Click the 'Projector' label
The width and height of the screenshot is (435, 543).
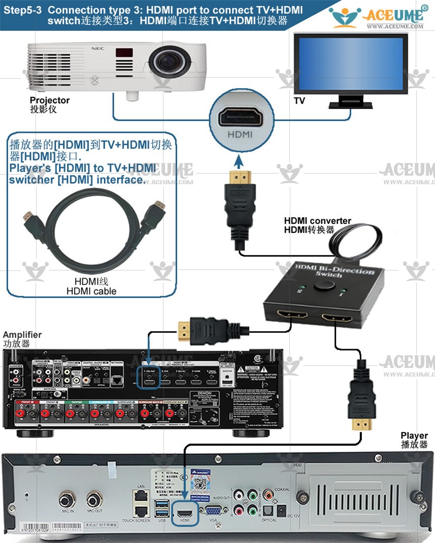[x=50, y=100]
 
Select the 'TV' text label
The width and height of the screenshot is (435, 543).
[x=299, y=101]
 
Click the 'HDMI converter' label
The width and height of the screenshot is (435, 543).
[x=317, y=221]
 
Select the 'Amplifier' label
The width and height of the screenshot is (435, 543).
[x=22, y=334]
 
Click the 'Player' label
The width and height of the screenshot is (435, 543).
[x=414, y=435]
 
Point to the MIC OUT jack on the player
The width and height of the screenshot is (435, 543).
[x=94, y=500]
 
